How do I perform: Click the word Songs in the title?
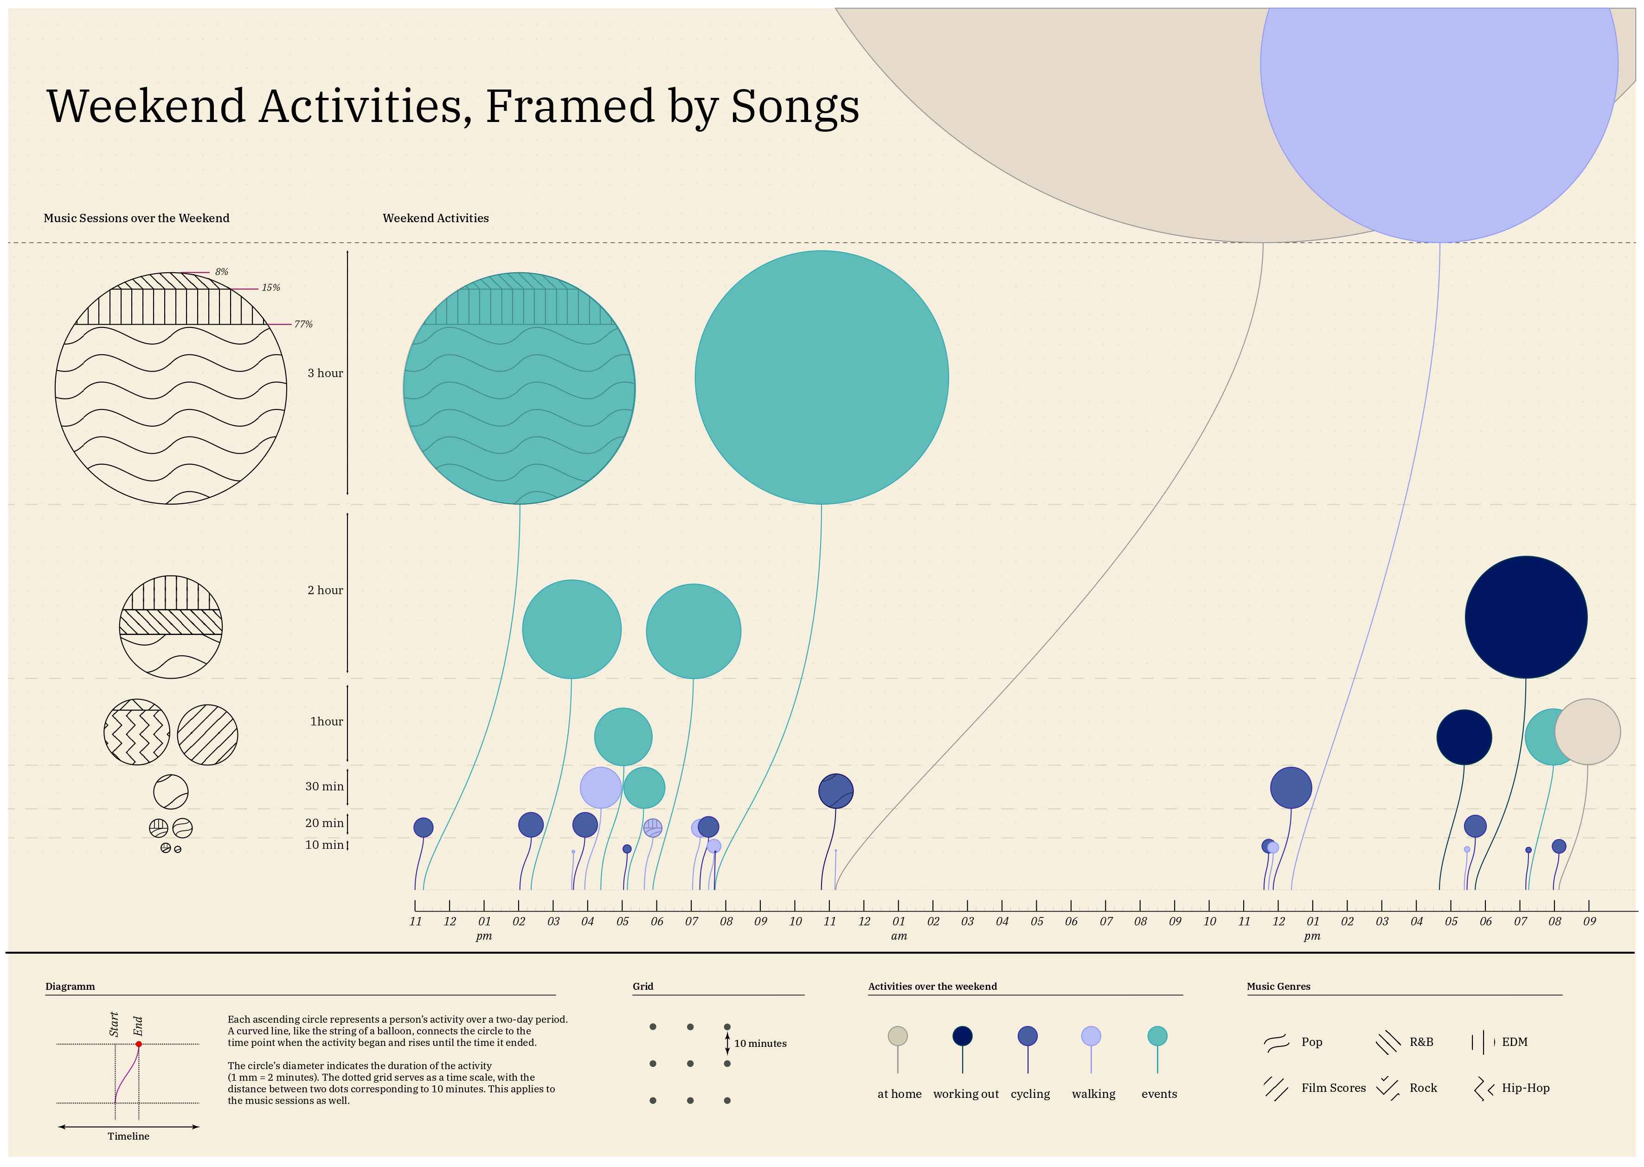[795, 106]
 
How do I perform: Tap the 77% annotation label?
[303, 324]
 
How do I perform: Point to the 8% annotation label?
[221, 272]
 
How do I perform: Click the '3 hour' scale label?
[325, 373]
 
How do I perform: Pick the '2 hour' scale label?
[325, 590]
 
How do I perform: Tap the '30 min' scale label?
[324, 786]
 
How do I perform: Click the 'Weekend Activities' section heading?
[436, 218]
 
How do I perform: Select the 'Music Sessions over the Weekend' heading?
[136, 218]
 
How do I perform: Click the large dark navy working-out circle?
[1525, 616]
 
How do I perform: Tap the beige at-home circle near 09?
[1587, 731]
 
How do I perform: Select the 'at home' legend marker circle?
[898, 1035]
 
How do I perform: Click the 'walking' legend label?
[1093, 1094]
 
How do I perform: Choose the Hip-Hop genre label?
[1525, 1088]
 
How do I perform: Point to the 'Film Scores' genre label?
[1333, 1088]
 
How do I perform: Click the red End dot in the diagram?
[139, 1044]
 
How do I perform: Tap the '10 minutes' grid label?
[760, 1044]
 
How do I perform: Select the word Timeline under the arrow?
[128, 1136]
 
